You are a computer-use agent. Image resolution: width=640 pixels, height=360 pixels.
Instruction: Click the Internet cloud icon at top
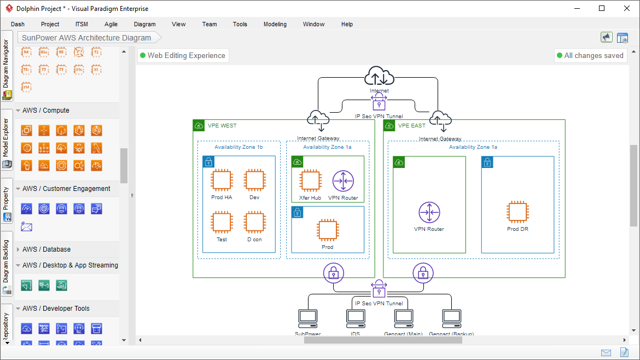[379, 76]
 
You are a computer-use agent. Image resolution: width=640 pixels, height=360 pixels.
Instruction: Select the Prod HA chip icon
[222, 180]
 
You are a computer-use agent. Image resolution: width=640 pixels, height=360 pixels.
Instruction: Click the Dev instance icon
[254, 180]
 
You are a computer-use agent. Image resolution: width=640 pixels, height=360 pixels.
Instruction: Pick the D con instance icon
[254, 223]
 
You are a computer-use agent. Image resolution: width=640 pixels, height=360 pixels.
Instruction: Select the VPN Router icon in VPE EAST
[429, 213]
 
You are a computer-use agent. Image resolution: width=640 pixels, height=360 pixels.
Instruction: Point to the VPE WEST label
[222, 126]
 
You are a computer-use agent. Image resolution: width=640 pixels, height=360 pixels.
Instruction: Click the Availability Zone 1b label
[238, 147]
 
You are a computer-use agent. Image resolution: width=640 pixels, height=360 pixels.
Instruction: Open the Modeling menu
[275, 24]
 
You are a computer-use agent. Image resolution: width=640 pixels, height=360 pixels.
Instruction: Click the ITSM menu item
[82, 24]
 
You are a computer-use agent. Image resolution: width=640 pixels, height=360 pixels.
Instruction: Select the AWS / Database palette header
[46, 249]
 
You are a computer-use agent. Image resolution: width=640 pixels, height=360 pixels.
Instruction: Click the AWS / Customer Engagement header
[66, 189]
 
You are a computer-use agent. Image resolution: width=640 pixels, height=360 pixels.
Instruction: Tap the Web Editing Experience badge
[183, 55]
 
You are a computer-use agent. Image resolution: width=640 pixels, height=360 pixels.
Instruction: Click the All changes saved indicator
[590, 55]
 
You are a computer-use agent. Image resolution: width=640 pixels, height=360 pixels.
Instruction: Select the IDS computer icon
[355, 317]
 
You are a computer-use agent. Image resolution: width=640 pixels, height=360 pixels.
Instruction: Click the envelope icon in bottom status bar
[606, 352]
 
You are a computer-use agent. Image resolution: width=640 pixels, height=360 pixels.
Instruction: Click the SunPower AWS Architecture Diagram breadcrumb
[86, 38]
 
